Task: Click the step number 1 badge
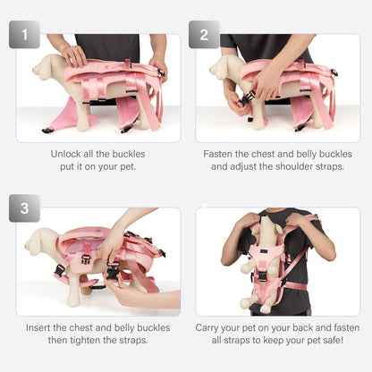tap(24, 35)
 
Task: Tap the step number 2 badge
tap(203, 35)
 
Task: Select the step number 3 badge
tap(24, 208)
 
